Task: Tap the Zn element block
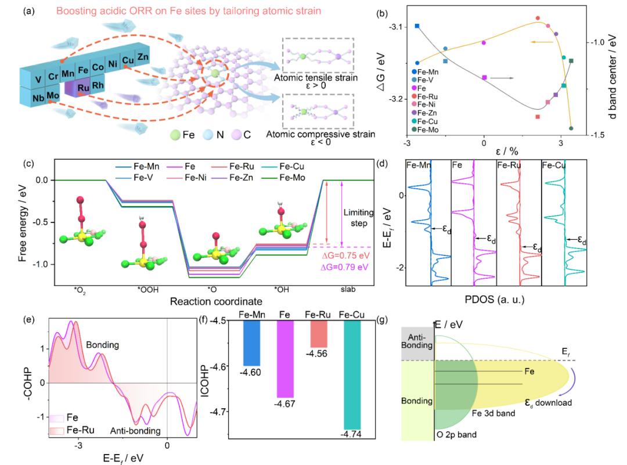143,56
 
